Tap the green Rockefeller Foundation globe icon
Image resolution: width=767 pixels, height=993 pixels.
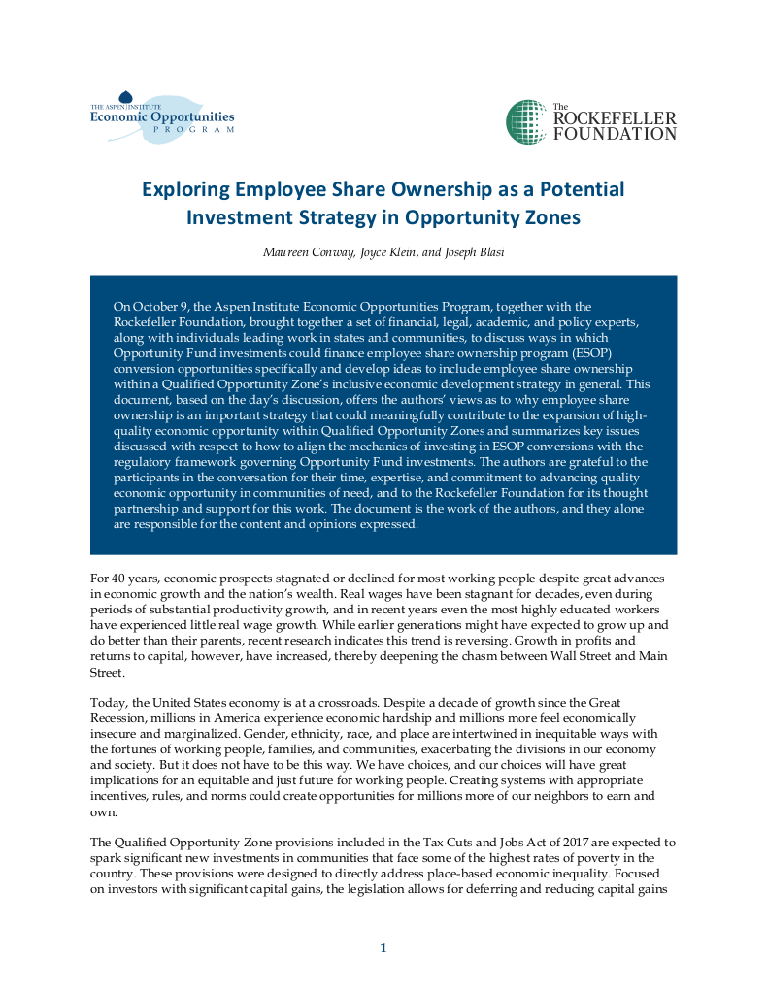(525, 121)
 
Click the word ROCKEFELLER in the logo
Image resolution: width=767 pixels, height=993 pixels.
(615, 118)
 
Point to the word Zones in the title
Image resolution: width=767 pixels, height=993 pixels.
(551, 217)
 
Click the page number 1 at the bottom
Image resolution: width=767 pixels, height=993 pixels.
(383, 948)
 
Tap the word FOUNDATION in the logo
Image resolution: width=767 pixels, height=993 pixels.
(615, 134)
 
